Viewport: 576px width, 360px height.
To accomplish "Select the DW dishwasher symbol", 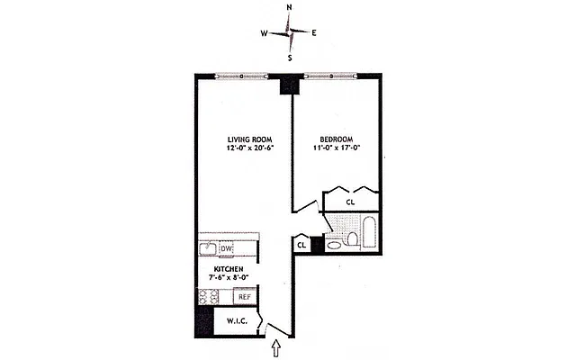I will (x=226, y=249).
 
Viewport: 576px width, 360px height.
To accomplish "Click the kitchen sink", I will (x=207, y=249).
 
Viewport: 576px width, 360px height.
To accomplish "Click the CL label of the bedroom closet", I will (x=350, y=202).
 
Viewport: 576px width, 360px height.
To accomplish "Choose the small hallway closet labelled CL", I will (x=301, y=243).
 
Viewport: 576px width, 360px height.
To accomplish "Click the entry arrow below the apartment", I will (x=276, y=345).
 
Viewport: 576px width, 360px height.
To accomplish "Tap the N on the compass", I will (x=289, y=7).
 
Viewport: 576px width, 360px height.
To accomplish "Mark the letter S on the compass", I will (x=290, y=58).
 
